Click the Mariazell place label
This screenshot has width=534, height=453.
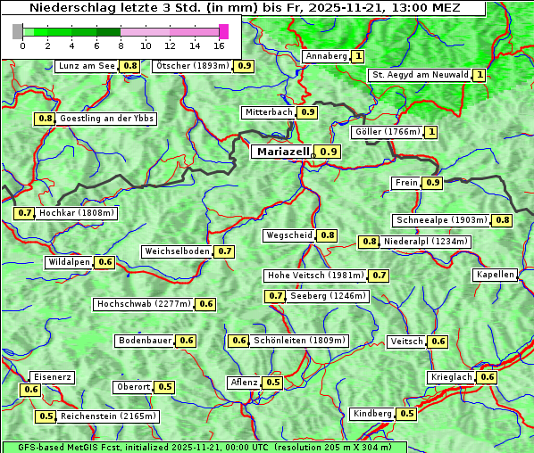pyautogui.click(x=281, y=152)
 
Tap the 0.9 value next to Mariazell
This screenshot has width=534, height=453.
pyautogui.click(x=329, y=152)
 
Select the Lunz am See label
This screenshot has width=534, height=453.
pyautogui.click(x=87, y=66)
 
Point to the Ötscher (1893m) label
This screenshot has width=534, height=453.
pyautogui.click(x=192, y=66)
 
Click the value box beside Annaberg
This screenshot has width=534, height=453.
pyautogui.click(x=358, y=56)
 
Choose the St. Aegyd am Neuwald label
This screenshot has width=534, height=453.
pyautogui.click(x=420, y=76)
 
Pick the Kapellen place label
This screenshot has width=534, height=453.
pyautogui.click(x=495, y=275)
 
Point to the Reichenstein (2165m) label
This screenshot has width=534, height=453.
pyautogui.click(x=109, y=416)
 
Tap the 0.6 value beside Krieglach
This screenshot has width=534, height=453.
pyautogui.click(x=487, y=378)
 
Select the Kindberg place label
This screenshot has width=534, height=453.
pyautogui.click(x=372, y=414)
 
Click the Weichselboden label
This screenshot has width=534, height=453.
pyautogui.click(x=178, y=251)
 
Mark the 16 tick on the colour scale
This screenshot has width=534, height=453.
pyautogui.click(x=219, y=45)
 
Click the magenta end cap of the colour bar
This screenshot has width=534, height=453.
pyautogui.click(x=224, y=31)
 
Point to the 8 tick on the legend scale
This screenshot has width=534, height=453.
pyautogui.click(x=121, y=45)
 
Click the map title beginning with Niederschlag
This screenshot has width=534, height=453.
pyautogui.click(x=243, y=8)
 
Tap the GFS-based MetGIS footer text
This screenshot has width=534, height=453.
pyautogui.click(x=204, y=447)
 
